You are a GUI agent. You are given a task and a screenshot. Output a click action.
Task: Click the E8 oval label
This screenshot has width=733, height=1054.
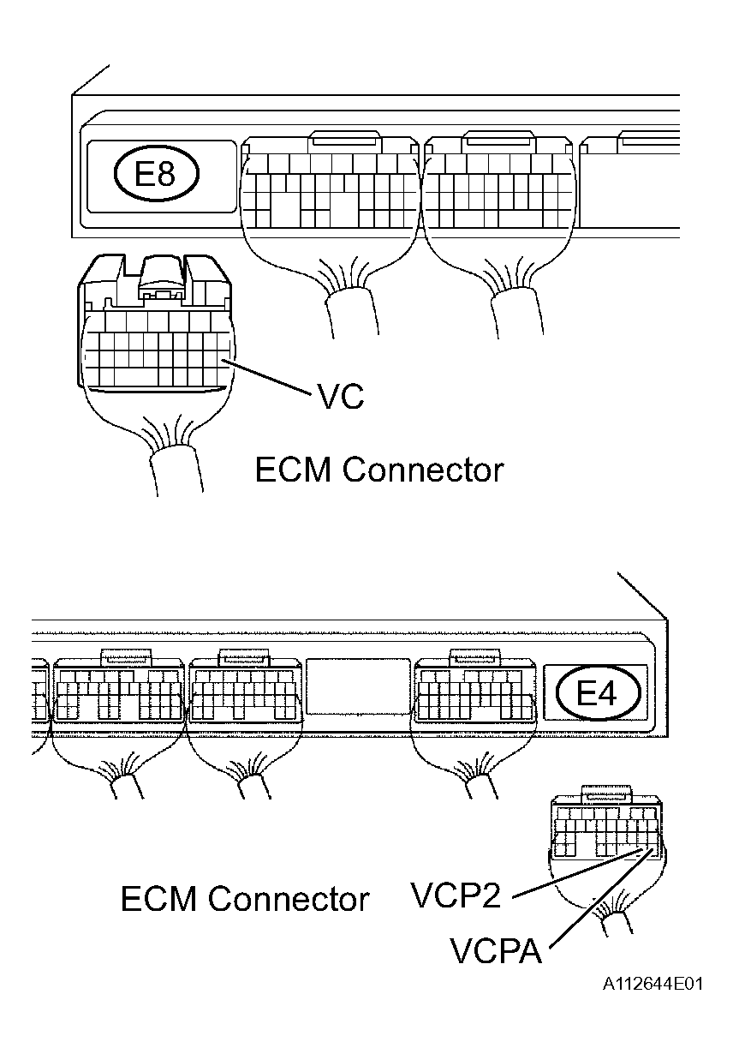(156, 175)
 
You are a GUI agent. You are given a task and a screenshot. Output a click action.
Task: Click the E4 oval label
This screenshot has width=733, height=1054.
(598, 692)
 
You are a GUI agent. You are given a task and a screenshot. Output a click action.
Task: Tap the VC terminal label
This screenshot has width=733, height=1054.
(341, 398)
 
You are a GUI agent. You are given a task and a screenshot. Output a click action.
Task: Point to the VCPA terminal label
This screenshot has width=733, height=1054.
(496, 950)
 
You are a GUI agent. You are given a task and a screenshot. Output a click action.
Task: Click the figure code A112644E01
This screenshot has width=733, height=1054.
(652, 984)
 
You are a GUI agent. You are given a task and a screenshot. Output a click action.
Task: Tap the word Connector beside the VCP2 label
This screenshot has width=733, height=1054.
(289, 899)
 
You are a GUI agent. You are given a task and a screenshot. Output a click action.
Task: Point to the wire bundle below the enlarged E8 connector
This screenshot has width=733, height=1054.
(175, 467)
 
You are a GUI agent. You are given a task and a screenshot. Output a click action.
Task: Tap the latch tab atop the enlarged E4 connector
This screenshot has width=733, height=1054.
(604, 793)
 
